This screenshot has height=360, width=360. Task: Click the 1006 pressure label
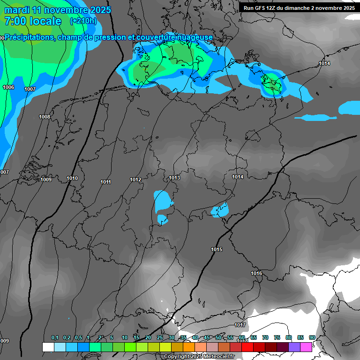coord(8,88)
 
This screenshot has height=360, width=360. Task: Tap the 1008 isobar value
coord(45,117)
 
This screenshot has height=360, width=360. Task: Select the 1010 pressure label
coord(72,178)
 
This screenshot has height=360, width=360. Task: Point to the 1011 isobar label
coord(105,182)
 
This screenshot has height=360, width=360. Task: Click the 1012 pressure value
coord(135,180)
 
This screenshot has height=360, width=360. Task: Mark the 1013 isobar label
coord(174,178)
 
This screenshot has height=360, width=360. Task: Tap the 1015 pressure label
coord(217,249)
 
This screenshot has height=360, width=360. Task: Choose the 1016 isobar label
coord(256,273)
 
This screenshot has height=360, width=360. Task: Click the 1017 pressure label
coord(240,325)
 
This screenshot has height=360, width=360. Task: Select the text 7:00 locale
coord(33,21)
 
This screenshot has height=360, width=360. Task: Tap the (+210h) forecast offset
coord(83,21)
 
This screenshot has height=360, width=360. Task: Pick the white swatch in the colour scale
coord(48,347)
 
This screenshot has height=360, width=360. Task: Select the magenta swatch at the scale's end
coord(306,347)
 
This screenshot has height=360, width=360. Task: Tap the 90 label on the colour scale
coord(312,337)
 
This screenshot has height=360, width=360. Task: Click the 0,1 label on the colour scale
coord(55,337)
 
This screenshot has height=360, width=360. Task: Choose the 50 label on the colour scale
coord(218,337)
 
